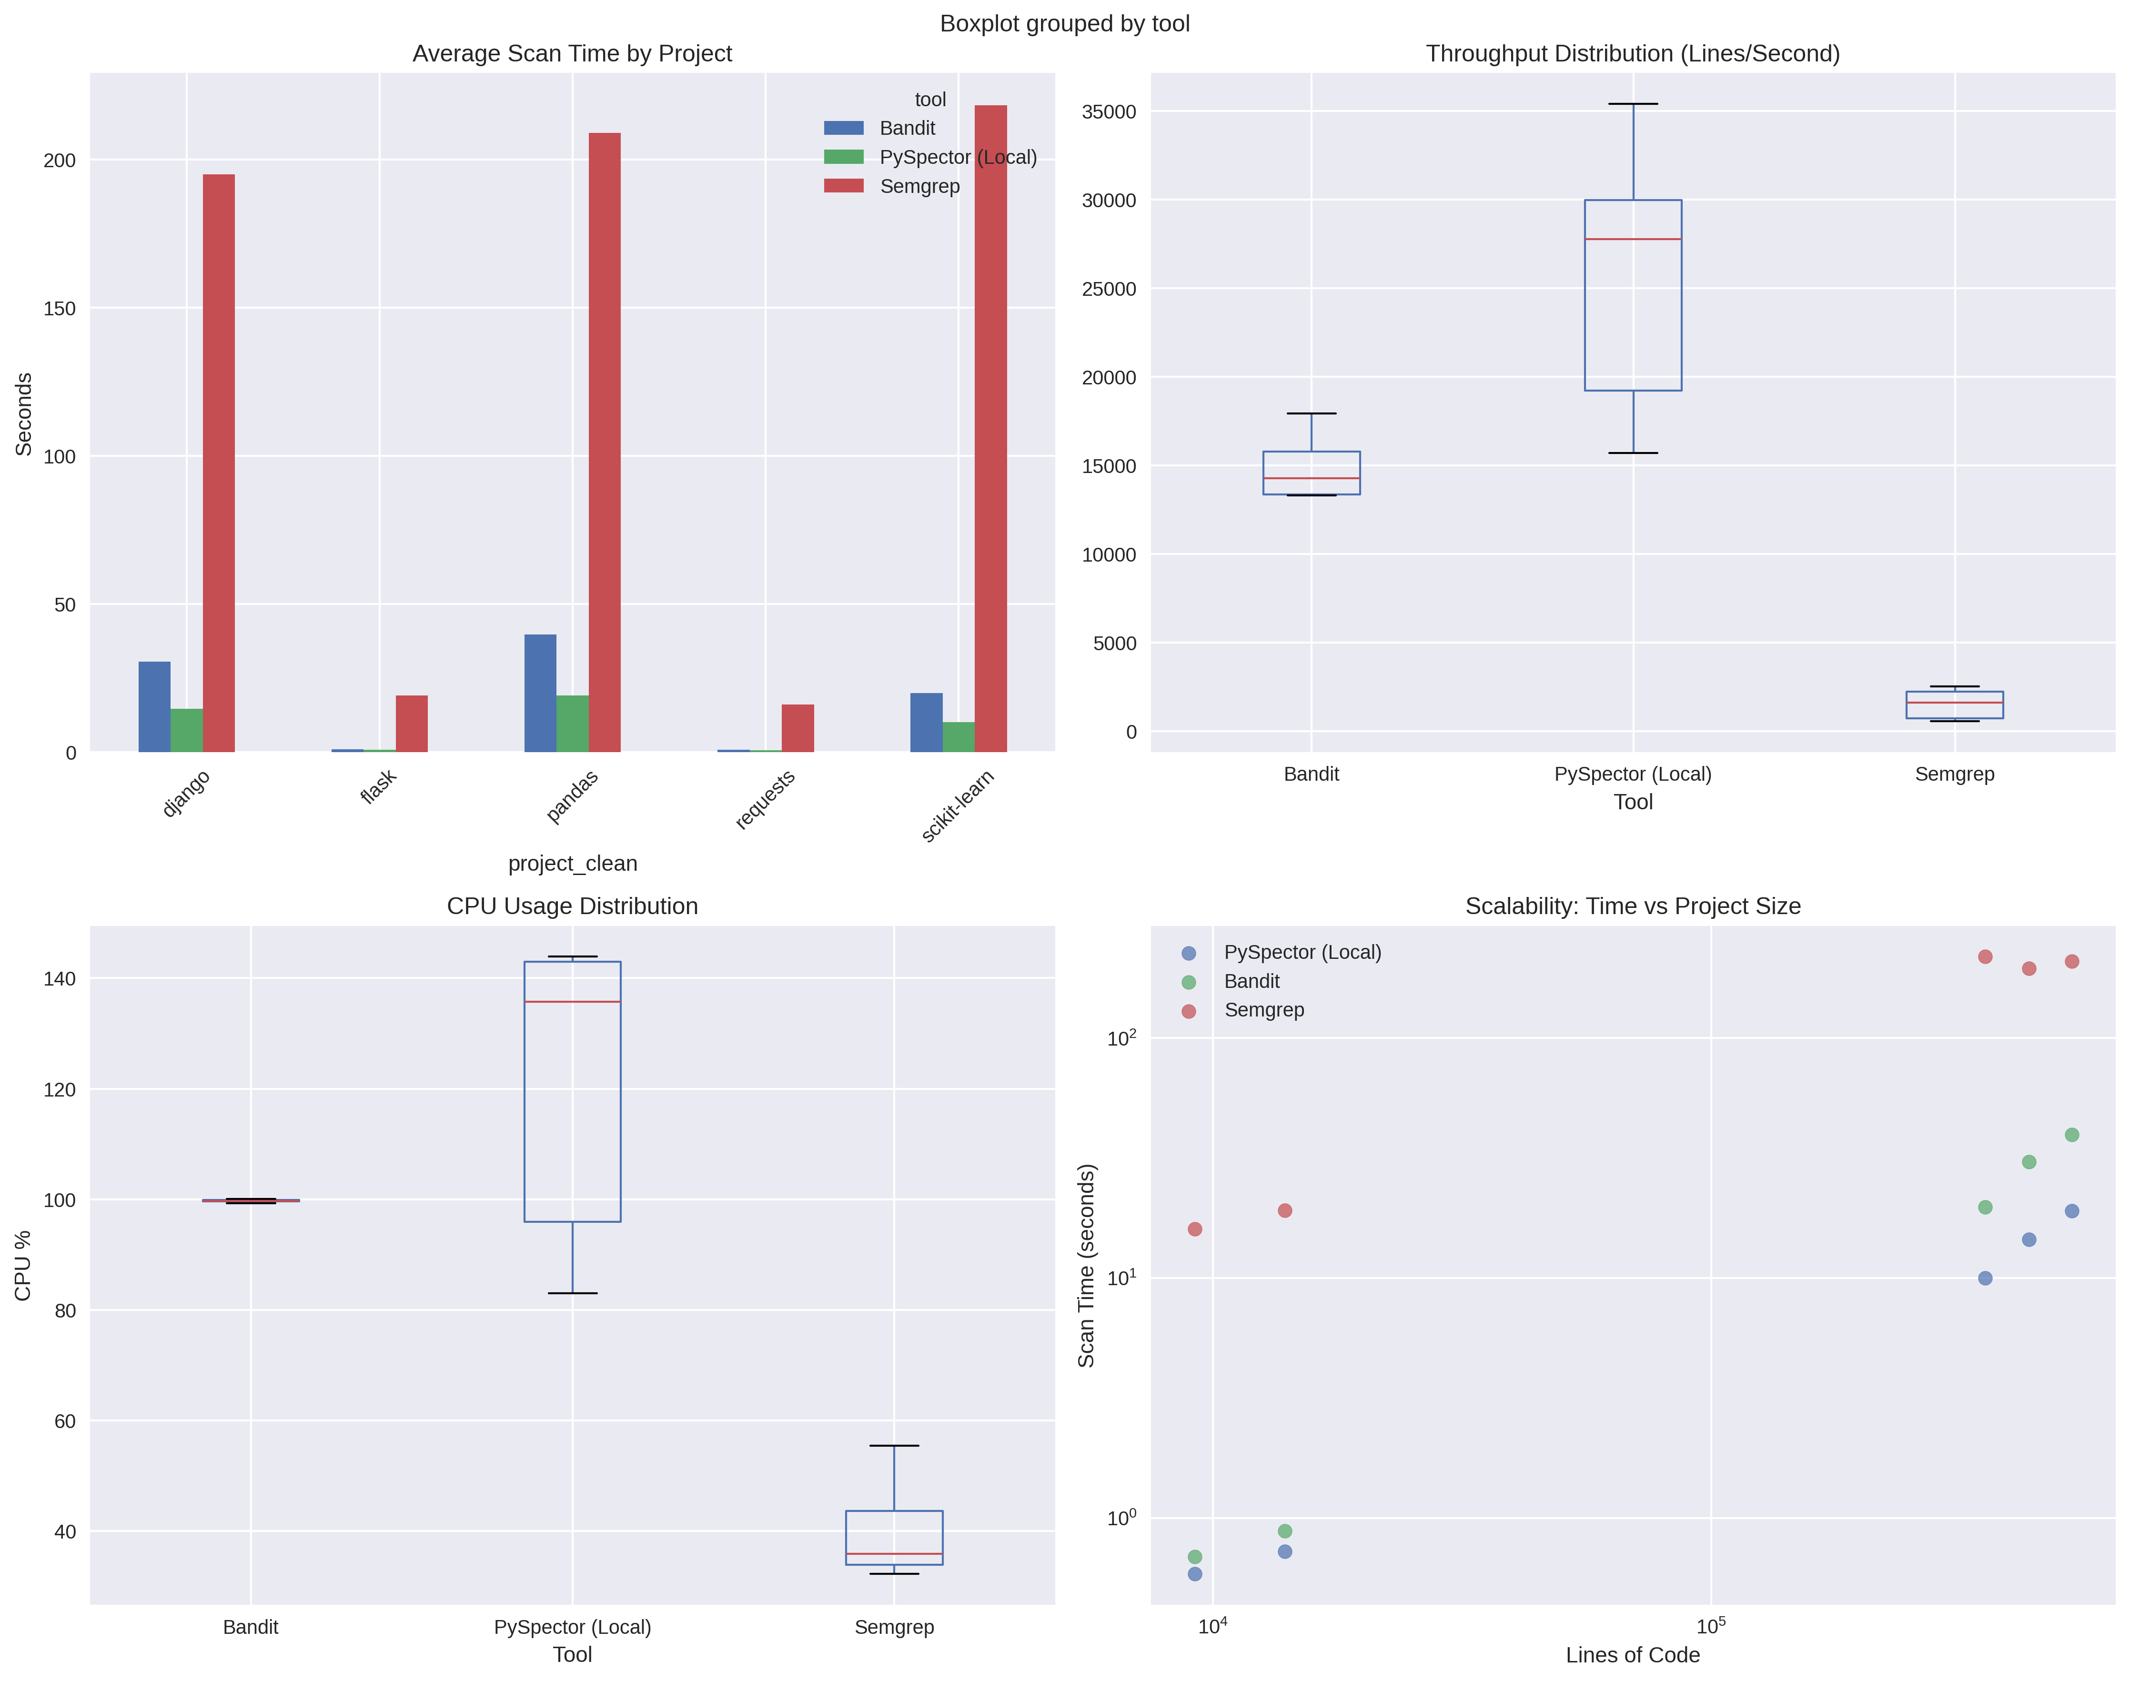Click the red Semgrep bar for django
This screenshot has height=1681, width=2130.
(219, 463)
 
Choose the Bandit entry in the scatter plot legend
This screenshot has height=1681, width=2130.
(1251, 981)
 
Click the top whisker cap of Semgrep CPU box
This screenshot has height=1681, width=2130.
(894, 1446)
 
